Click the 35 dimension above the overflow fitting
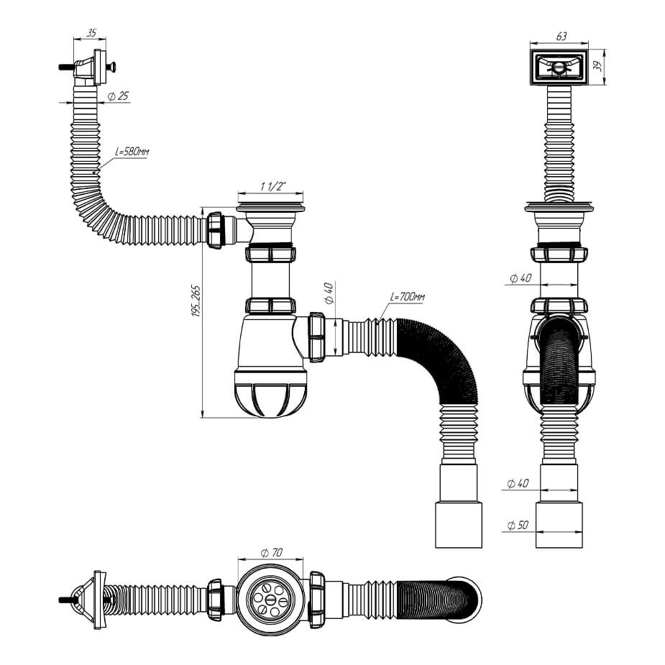tap(91, 33)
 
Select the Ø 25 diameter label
tap(118, 96)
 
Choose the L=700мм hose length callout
tap(408, 296)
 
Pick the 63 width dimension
tap(561, 35)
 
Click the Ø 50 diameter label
tap(518, 526)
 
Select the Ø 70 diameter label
tap(272, 552)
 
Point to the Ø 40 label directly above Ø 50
tap(518, 484)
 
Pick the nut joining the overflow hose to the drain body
tap(216, 229)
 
